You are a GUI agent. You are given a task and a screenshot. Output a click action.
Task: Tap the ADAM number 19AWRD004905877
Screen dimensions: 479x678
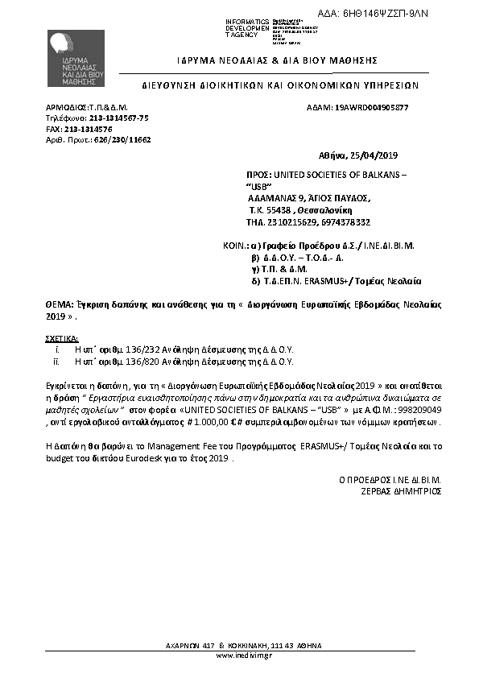(x=371, y=107)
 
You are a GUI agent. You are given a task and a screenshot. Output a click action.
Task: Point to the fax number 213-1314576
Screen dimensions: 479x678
(x=90, y=129)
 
